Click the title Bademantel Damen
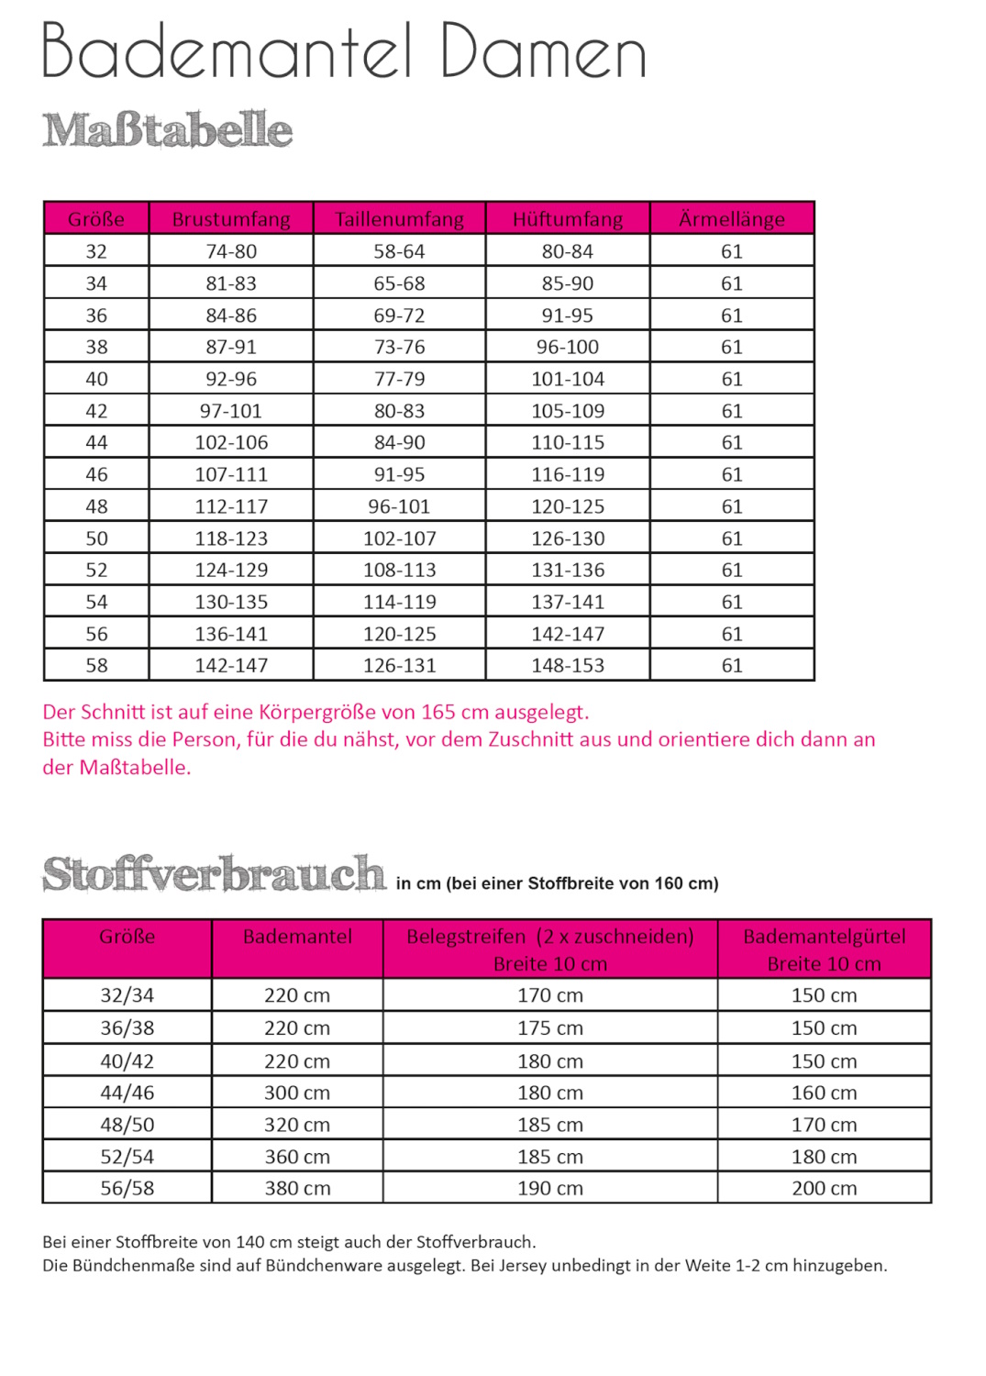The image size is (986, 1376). [x=344, y=51]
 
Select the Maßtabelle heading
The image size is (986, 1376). [x=168, y=129]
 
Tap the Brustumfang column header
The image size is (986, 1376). [x=231, y=219]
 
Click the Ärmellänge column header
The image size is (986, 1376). [x=732, y=219]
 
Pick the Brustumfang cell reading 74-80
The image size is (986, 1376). [x=231, y=251]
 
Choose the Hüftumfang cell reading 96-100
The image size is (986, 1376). [x=568, y=347]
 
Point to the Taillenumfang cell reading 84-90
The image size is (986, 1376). [x=399, y=442]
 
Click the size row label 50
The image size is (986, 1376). [x=96, y=538]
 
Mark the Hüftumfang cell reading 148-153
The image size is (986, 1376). [x=568, y=665]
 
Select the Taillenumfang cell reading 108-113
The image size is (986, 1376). [x=399, y=570]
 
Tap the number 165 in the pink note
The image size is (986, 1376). [x=438, y=712]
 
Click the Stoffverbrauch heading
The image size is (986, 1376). [x=214, y=873]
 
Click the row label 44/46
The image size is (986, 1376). [x=127, y=1093]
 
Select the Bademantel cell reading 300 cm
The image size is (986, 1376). [x=297, y=1093]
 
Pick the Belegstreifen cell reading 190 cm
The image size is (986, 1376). [x=549, y=1188]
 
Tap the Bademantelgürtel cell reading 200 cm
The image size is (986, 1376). [x=824, y=1188]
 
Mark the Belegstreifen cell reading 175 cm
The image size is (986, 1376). [x=549, y=1028]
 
